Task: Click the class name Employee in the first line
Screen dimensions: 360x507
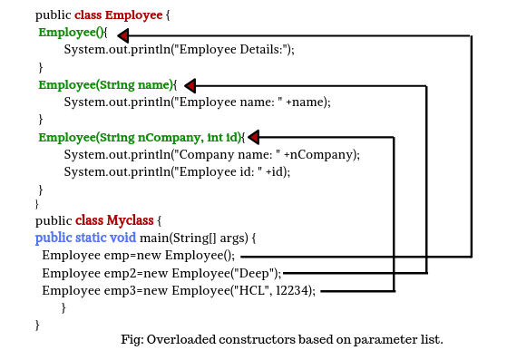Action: coord(136,15)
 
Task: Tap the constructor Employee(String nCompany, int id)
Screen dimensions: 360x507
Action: coord(141,137)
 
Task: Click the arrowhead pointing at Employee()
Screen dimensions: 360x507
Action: coord(123,35)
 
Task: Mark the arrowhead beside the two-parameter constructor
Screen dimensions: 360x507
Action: coord(254,138)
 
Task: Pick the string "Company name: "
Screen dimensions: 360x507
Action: coord(237,155)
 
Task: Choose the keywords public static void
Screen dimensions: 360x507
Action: coord(85,238)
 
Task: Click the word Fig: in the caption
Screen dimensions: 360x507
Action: coord(132,340)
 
